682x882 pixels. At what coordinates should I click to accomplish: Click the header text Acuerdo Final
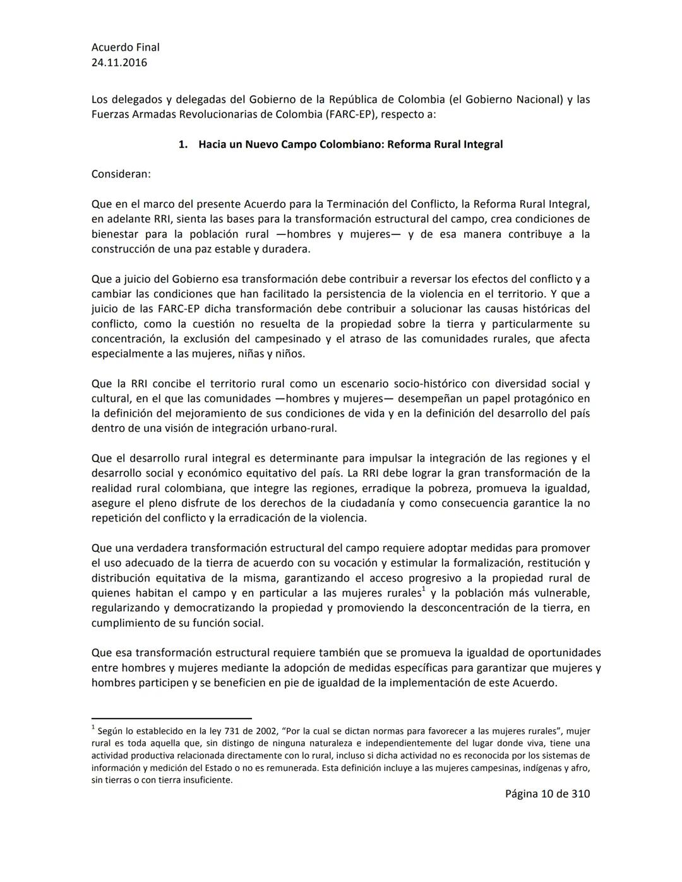coord(125,47)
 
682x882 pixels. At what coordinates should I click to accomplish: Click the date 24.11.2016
coord(119,63)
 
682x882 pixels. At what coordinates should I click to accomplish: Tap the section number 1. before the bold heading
coord(182,145)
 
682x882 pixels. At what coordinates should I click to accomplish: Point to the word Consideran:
coord(121,174)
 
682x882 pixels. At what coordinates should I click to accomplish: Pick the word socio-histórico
coord(430,384)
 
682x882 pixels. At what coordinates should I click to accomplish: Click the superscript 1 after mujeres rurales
coord(424,590)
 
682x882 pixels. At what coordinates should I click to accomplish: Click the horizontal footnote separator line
coord(171,718)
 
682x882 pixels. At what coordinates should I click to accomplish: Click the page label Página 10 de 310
coord(547,794)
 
